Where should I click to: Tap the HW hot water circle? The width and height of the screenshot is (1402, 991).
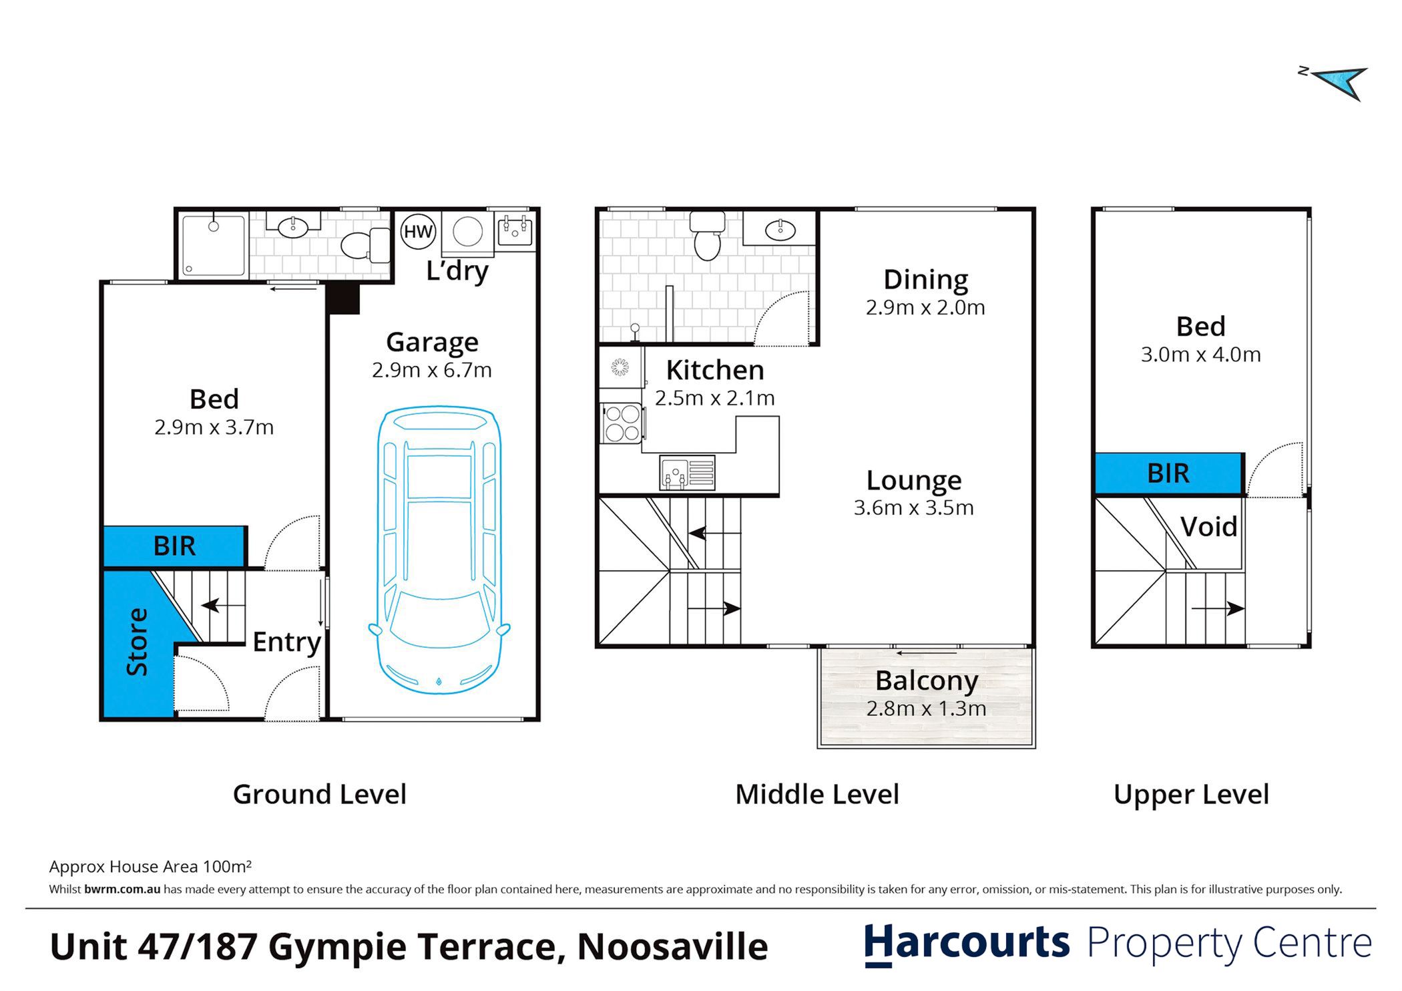418,232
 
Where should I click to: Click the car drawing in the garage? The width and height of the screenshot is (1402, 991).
439,550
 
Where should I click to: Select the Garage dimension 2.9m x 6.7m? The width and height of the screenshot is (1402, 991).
432,370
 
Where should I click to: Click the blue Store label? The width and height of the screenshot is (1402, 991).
137,642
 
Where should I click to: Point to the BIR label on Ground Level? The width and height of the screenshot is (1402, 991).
175,546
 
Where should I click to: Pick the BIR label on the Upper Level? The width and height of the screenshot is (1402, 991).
1168,473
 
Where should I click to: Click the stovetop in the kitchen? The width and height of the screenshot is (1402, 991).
622,423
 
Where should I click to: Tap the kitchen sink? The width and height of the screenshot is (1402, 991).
687,473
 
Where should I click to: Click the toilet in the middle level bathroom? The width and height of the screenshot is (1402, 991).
707,236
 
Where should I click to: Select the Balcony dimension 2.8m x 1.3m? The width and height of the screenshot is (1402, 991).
926,709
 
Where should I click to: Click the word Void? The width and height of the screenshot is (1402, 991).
1209,527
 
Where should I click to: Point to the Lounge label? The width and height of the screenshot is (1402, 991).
914,480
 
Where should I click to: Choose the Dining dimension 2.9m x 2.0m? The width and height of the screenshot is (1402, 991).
925,308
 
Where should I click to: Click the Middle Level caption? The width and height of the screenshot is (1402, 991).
817,795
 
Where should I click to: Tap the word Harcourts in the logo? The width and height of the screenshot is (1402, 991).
967,944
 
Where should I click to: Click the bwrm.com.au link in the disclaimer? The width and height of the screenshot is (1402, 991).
122,889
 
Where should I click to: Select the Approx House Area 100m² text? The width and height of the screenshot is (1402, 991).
150,867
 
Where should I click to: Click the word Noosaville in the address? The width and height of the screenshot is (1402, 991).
672,947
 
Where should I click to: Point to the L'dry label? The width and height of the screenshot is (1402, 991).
457,270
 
